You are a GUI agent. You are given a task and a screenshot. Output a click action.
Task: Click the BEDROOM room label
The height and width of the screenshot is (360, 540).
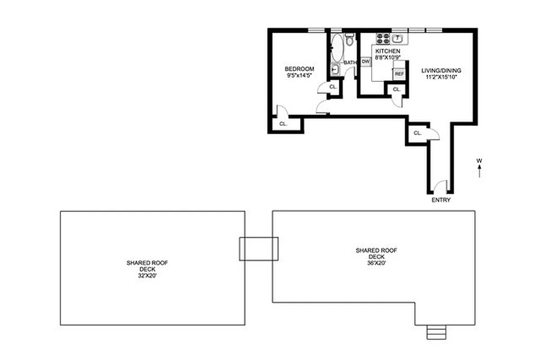[x=299, y=69]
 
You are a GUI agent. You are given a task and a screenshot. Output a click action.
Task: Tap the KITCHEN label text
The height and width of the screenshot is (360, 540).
[x=387, y=51]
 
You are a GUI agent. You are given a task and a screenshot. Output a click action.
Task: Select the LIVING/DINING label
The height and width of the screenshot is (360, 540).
[x=441, y=71]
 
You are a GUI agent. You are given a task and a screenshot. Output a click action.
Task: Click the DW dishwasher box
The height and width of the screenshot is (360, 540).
[x=365, y=61]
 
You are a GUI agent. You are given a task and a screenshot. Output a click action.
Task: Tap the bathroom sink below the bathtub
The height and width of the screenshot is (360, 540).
[x=336, y=69]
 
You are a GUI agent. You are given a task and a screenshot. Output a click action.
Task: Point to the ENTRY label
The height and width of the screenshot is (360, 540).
[x=440, y=200]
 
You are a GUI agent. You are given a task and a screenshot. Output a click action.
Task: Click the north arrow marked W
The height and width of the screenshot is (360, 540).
[x=480, y=168]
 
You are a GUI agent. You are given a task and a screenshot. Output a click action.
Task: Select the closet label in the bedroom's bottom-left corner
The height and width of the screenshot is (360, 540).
[x=283, y=124]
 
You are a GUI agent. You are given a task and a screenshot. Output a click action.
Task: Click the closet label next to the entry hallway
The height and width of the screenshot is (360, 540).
[x=417, y=133]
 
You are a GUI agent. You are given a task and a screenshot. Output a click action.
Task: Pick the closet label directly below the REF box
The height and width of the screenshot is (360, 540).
[x=396, y=90]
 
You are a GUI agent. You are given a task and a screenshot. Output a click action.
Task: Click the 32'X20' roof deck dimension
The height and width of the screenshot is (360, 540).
[x=147, y=275]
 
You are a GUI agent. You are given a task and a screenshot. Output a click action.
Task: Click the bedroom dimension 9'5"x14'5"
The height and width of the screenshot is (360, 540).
[x=299, y=76]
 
